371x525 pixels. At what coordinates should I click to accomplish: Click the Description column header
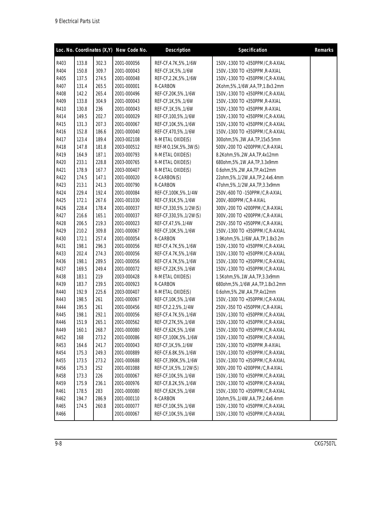click(x=178, y=50)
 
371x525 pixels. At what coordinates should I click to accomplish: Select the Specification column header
click(x=252, y=50)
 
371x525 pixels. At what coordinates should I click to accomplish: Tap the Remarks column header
click(x=324, y=50)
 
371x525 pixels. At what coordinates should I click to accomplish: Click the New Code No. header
click(x=131, y=50)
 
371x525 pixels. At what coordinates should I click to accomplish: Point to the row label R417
click(x=61, y=139)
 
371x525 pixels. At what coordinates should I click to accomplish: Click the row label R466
click(x=61, y=414)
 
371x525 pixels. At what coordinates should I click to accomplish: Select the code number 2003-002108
click(x=127, y=139)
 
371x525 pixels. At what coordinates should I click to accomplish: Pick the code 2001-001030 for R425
click(x=127, y=200)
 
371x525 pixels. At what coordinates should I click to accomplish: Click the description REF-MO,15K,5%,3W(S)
click(x=177, y=147)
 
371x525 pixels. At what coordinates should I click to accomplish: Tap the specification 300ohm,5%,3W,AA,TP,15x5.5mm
click(x=248, y=139)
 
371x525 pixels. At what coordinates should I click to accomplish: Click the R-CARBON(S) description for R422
click(x=168, y=178)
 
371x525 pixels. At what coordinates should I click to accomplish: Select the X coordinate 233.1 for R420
click(x=82, y=162)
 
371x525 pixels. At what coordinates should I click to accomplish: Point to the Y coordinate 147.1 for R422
click(x=101, y=178)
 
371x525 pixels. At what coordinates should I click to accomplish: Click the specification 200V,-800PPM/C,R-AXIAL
click(x=241, y=200)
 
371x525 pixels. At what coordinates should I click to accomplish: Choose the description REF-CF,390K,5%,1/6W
click(x=176, y=361)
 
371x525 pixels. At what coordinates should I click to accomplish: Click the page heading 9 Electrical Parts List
click(x=77, y=21)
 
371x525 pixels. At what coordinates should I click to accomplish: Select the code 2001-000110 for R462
click(x=127, y=399)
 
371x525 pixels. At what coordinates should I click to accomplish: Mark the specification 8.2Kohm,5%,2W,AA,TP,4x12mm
click(x=247, y=155)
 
